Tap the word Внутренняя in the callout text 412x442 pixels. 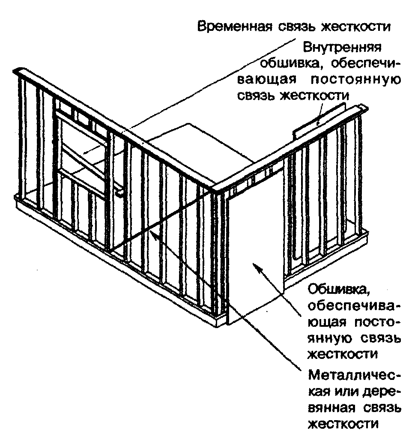[x=342, y=46]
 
